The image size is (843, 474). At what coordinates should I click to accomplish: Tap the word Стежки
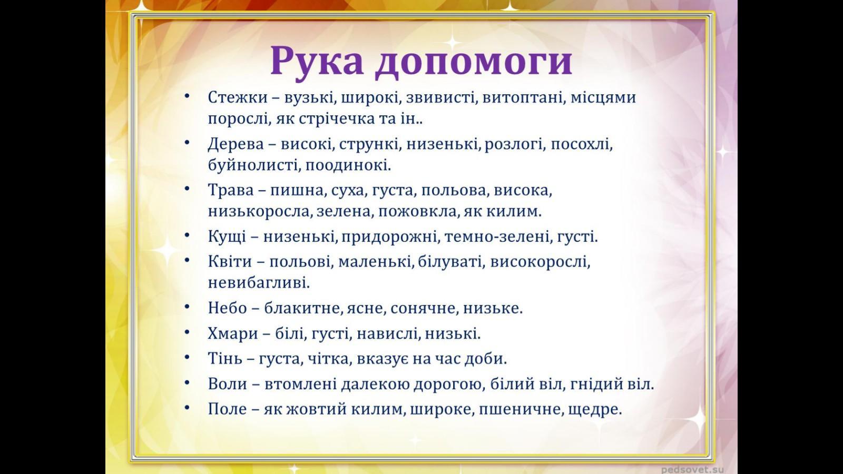(238, 97)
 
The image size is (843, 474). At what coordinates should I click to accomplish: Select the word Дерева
(236, 144)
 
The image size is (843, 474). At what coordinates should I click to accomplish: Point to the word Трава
(231, 190)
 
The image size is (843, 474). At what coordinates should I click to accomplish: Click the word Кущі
(227, 237)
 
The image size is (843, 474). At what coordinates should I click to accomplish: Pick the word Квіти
(230, 261)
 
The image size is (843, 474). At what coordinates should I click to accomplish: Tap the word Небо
(227, 308)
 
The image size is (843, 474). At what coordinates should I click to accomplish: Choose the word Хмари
(233, 333)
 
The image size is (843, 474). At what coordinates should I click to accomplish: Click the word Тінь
(225, 358)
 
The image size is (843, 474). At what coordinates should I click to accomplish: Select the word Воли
(228, 384)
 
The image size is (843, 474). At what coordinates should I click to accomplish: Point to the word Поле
(227, 409)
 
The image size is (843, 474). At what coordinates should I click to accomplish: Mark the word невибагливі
(259, 283)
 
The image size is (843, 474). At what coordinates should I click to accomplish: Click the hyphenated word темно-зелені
(496, 237)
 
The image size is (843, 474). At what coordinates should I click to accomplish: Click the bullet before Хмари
(187, 332)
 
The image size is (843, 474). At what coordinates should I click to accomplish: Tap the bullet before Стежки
(187, 96)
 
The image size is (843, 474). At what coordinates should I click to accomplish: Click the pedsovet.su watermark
(692, 469)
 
